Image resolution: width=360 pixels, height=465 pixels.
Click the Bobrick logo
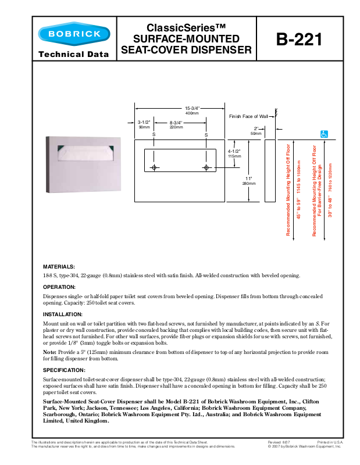click(74, 34)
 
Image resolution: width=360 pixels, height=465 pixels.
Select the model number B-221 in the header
click(298, 40)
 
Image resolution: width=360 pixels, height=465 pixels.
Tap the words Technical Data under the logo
click(74, 55)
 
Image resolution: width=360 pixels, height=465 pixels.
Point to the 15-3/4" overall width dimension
click(192, 109)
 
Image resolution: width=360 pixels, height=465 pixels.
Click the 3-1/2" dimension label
click(144, 123)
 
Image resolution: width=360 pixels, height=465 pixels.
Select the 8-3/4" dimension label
click(176, 123)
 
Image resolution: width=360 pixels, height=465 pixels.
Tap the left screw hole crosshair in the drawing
click(154, 168)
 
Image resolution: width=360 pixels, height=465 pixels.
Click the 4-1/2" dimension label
click(234, 152)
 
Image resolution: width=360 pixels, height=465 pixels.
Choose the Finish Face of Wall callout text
click(248, 116)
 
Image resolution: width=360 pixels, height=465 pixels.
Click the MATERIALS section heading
click(59, 266)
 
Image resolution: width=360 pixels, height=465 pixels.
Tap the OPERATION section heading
click(59, 287)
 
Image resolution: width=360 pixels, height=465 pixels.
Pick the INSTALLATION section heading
click(63, 314)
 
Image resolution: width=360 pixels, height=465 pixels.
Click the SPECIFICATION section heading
click(65, 370)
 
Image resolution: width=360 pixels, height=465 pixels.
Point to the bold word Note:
click(50, 352)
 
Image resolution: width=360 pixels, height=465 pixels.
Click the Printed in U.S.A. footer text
click(330, 442)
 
